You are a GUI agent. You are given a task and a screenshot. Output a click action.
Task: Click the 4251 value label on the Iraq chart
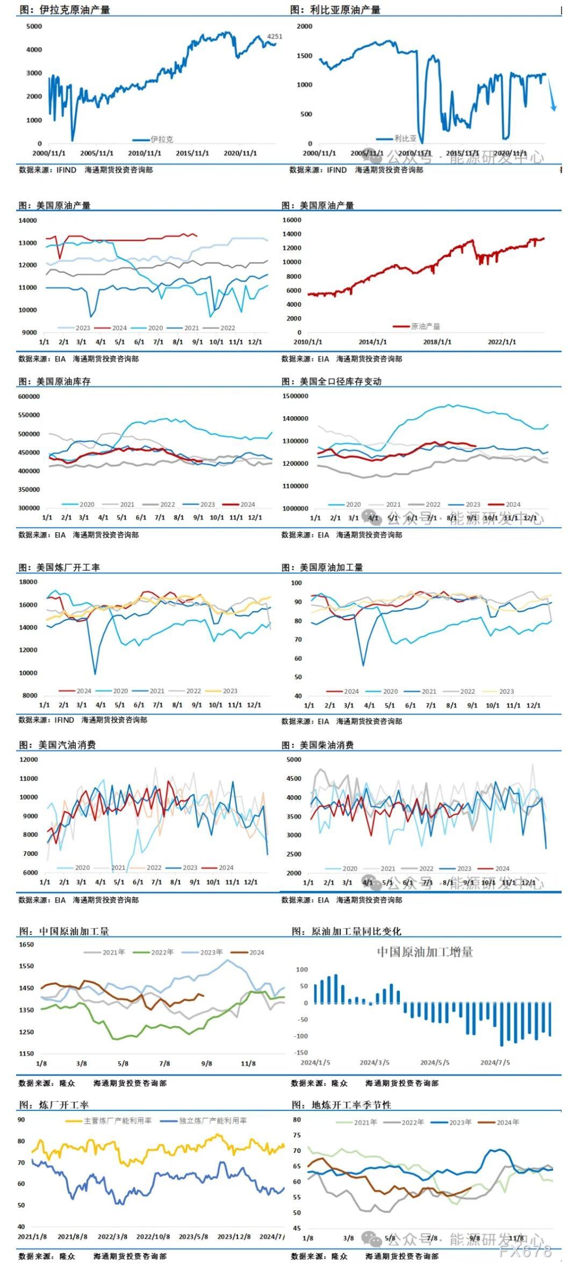point(274,37)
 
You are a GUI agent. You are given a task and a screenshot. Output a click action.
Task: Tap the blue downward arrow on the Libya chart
point(552,97)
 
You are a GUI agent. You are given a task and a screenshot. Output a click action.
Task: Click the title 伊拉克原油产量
point(75,10)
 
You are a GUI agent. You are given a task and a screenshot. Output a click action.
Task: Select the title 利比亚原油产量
point(345,10)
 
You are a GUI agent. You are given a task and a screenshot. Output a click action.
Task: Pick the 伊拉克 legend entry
point(162,140)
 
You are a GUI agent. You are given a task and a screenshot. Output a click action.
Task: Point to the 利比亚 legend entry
point(405,139)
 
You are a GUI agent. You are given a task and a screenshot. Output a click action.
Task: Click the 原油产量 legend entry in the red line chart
point(425,326)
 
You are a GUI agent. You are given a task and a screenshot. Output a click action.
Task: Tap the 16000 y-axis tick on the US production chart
point(292,220)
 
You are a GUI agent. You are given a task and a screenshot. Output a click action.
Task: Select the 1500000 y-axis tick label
point(295,396)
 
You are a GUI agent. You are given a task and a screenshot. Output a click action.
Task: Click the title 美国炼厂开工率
point(68,568)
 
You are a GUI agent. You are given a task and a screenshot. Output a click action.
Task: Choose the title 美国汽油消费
point(67,745)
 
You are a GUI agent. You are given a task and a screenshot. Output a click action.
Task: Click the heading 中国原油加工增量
point(425,952)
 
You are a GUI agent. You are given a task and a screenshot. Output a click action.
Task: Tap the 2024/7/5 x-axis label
point(495,1062)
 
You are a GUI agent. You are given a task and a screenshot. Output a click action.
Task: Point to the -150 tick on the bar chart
point(301,1053)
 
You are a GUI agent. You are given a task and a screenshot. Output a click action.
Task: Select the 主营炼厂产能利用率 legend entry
point(118,1121)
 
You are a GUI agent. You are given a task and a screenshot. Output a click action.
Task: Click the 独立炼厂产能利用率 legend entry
point(213,1121)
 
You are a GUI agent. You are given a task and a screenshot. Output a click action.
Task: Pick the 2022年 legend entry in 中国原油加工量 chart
point(162,952)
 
